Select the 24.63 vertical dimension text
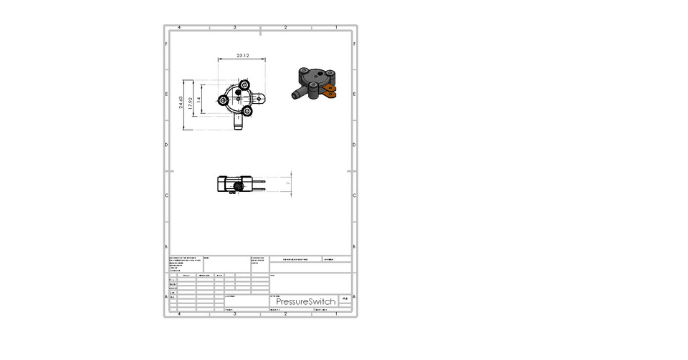181,104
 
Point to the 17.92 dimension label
190,104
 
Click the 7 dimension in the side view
287,184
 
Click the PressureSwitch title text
305,301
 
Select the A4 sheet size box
345,298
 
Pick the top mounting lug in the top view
241,84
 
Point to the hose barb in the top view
239,125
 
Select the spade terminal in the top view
262,97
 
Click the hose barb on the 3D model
296,94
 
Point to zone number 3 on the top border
234,27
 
